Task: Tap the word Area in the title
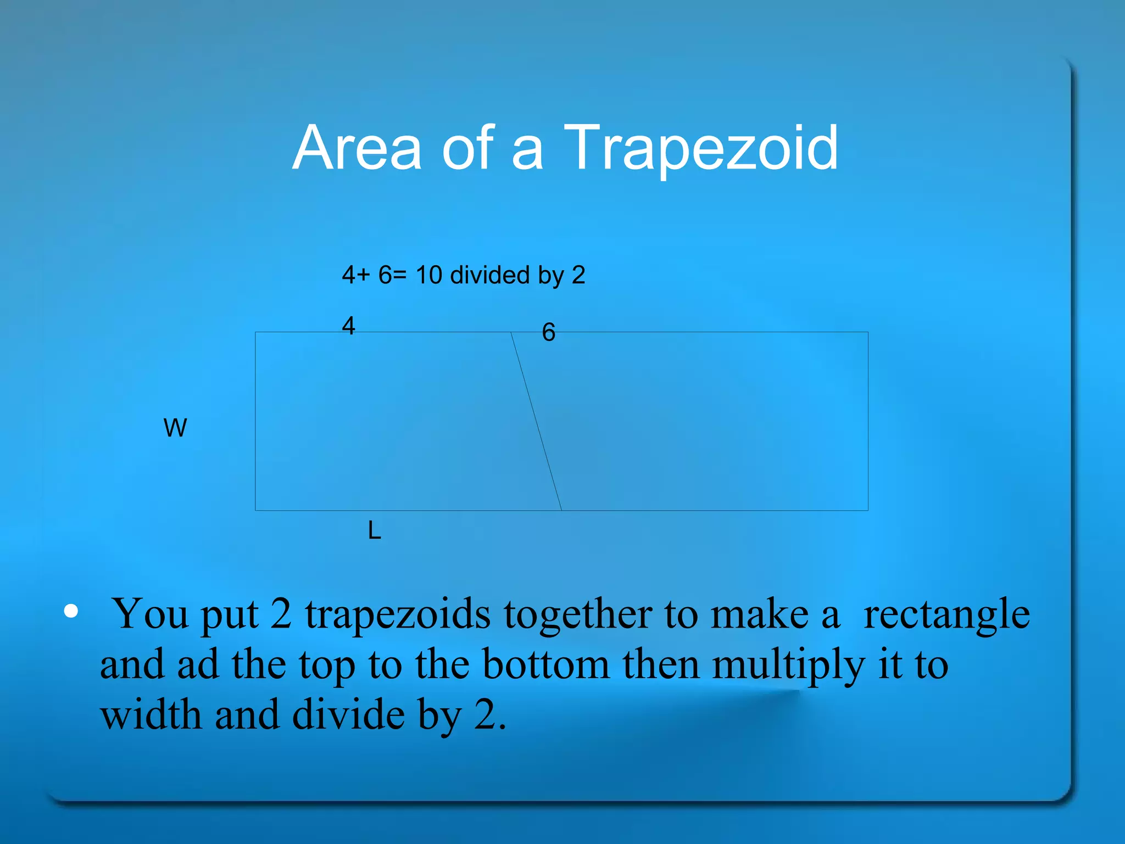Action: pos(357,148)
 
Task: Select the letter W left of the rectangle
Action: pos(175,428)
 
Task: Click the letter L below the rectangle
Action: pos(374,531)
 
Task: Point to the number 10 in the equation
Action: pos(428,275)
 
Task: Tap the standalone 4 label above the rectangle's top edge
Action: pos(348,326)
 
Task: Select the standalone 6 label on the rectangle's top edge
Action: pos(548,332)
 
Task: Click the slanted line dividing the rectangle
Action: pos(536,421)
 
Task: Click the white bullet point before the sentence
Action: pos(71,611)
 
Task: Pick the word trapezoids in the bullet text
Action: pos(398,614)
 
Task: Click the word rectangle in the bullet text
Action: pos(946,614)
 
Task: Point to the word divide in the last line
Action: pos(348,715)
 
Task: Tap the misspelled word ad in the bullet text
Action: pos(198,664)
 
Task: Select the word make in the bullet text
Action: pos(759,613)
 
